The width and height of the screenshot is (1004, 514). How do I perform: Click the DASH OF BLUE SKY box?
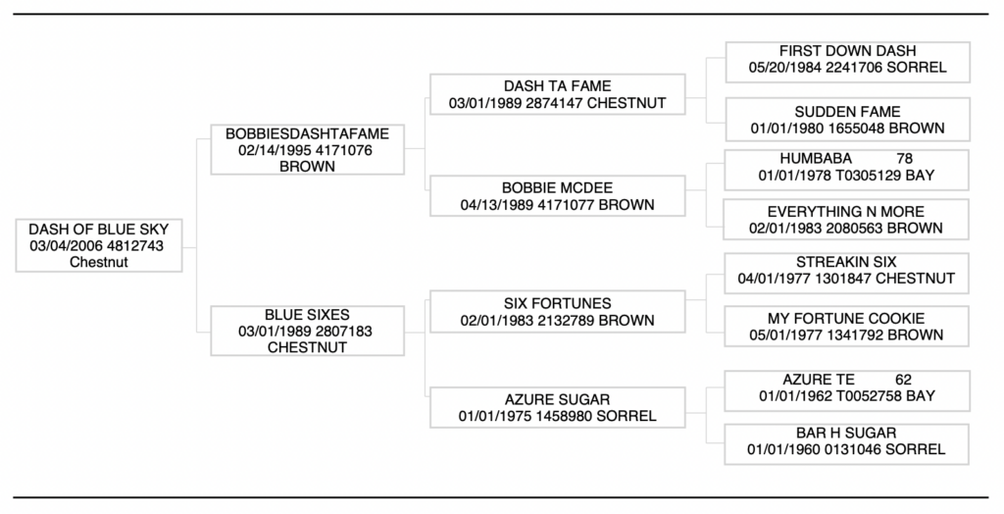click(98, 245)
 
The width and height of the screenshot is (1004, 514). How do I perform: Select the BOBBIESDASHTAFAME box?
click(307, 150)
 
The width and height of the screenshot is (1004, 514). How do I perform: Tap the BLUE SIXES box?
click(307, 332)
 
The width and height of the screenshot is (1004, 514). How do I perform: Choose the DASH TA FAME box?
click(557, 95)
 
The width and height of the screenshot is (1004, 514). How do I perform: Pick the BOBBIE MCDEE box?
click(557, 196)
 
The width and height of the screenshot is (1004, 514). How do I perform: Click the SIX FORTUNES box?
click(557, 312)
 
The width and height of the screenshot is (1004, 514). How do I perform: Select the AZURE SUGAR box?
click(557, 408)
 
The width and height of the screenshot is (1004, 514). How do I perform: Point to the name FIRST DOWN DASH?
click(847, 51)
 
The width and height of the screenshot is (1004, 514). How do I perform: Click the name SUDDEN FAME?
click(847, 112)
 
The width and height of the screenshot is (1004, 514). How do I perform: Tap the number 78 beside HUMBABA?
click(904, 159)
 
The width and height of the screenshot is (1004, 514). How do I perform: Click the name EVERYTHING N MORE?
click(847, 212)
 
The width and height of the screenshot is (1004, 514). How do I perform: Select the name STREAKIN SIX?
click(847, 263)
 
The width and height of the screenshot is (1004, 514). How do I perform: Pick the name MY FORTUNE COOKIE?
click(847, 319)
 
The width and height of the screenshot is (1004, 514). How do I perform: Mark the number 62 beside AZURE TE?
click(904, 380)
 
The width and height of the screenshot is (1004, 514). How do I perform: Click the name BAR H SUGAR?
click(847, 433)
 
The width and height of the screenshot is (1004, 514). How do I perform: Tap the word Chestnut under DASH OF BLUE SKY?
click(98, 262)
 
